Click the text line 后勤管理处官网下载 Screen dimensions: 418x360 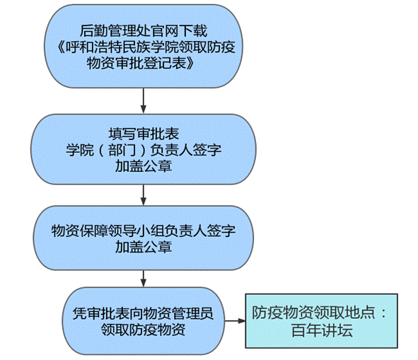tap(144, 30)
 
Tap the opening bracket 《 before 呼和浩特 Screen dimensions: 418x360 tap(61, 47)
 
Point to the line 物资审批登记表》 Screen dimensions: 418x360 tap(140, 64)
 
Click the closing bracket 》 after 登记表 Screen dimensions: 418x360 tap(190, 64)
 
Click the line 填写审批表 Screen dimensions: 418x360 tap(144, 134)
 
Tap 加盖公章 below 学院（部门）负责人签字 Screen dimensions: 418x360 tap(144, 166)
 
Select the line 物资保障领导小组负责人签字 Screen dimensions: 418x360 tap(144, 231)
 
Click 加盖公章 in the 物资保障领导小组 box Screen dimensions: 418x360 tap(144, 248)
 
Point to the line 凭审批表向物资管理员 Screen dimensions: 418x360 tap(143, 313)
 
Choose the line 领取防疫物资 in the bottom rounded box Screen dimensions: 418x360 tap(143, 330)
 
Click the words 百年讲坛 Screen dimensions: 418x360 tap(322, 331)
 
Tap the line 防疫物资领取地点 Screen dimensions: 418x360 tap(313, 313)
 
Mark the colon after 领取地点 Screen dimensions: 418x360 tap(383, 313)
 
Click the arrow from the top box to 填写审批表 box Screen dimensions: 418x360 tap(144, 100)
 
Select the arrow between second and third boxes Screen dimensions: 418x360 tap(144, 195)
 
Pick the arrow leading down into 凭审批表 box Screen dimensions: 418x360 tap(144, 279)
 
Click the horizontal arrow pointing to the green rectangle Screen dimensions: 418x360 tap(235, 321)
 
